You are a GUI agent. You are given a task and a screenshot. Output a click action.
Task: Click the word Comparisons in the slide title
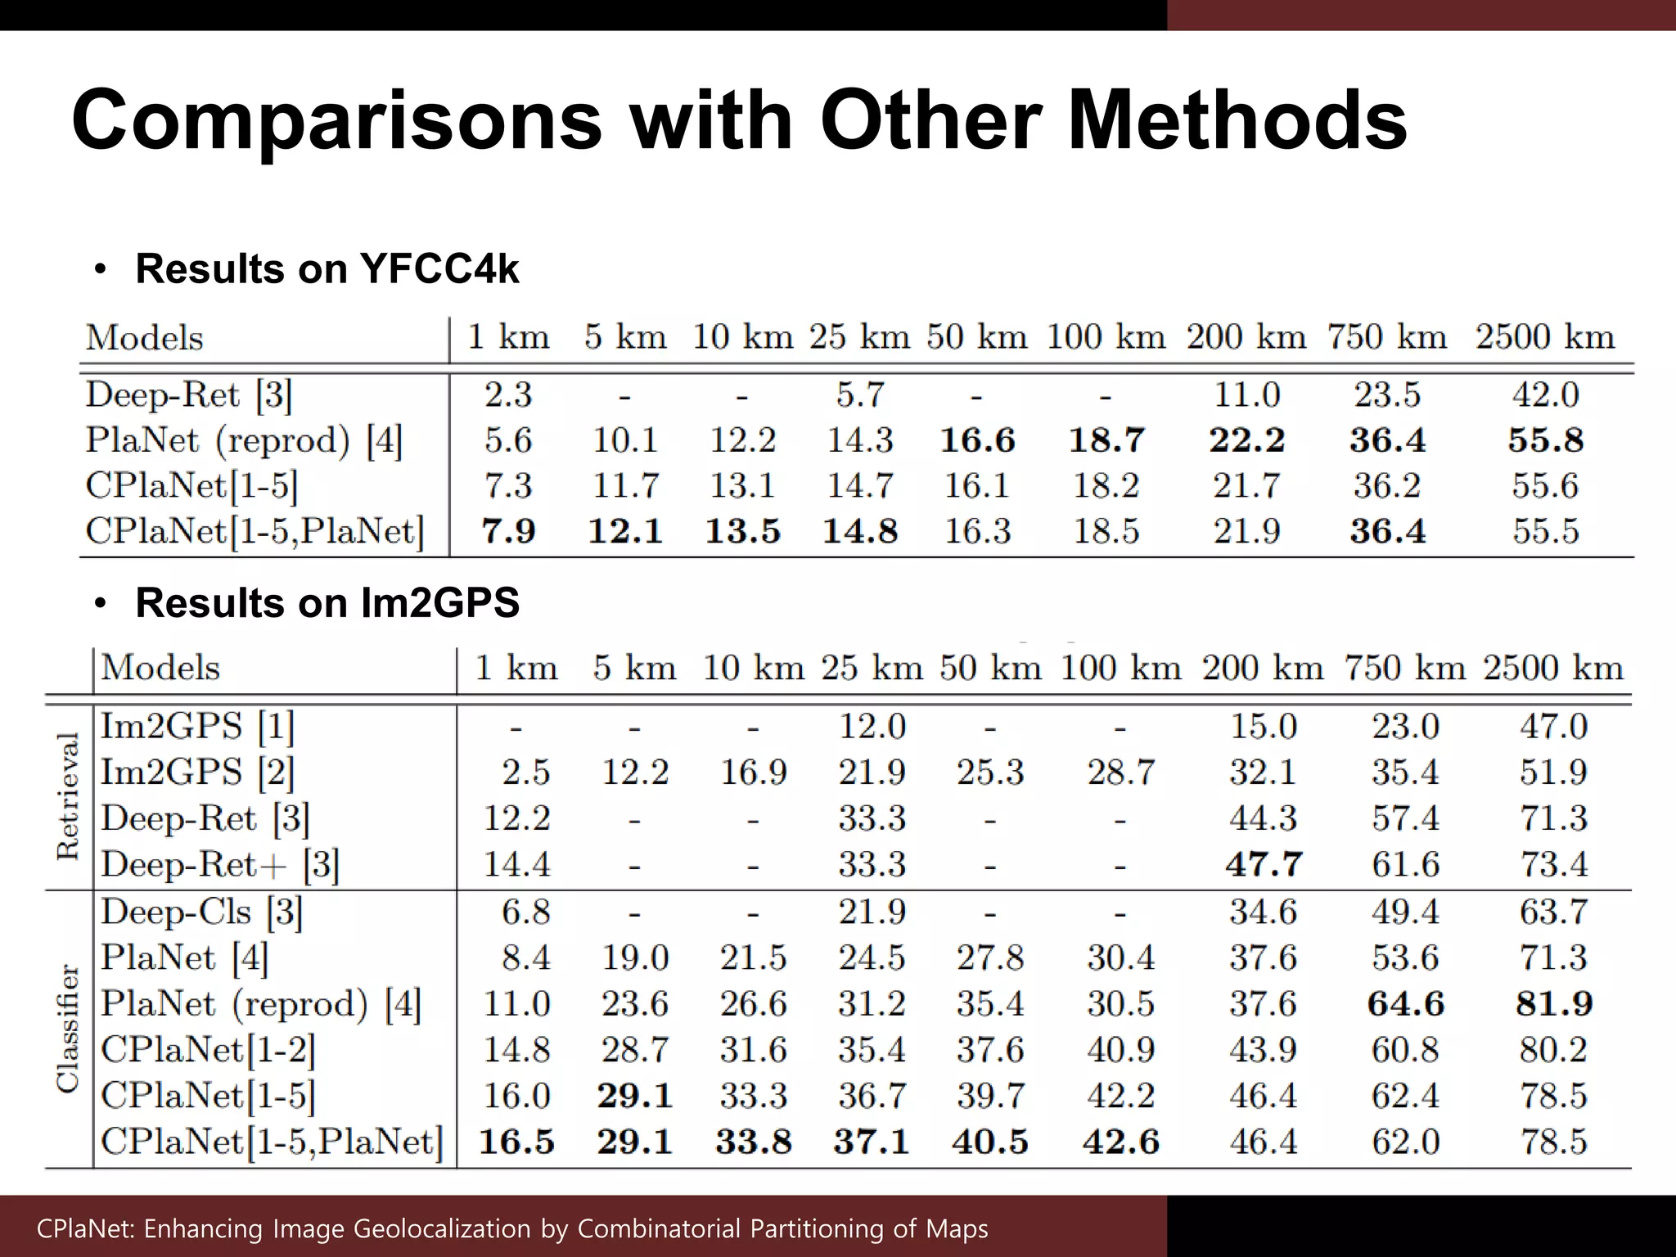pos(336,121)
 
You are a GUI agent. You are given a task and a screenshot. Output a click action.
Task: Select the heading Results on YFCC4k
pos(327,268)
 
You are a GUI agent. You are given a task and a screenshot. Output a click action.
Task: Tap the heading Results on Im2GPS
pos(327,603)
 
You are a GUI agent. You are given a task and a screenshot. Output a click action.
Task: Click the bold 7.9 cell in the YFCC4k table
pos(508,531)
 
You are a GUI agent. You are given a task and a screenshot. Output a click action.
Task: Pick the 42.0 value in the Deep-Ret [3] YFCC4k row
pos(1545,395)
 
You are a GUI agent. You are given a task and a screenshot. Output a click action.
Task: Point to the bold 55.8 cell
pos(1545,440)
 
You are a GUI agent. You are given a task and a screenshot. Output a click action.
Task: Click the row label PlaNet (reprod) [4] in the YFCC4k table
pos(244,441)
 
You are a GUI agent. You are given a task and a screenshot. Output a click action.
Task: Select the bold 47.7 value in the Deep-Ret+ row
pos(1264,864)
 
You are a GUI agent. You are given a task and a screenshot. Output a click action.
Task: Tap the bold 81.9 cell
pos(1553,1003)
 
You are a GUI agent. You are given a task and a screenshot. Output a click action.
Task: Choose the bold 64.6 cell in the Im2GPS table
pos(1405,1003)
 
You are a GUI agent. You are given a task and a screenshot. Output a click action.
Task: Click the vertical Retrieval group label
pos(69,796)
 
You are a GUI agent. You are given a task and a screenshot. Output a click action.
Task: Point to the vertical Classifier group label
pos(69,1028)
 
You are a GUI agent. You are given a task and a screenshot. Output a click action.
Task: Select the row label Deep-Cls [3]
pos(201,912)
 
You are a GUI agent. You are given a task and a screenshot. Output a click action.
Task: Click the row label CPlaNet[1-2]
pos(208,1049)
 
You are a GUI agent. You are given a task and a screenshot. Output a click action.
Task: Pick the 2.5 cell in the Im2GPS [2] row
pos(525,773)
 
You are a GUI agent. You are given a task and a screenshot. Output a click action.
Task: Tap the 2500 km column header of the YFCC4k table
pos(1545,337)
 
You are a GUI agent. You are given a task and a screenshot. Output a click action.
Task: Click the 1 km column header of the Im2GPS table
pos(516,668)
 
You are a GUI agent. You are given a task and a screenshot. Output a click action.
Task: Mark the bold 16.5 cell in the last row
pos(516,1142)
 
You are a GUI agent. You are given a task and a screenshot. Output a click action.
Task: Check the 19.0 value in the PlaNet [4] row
pos(635,957)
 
